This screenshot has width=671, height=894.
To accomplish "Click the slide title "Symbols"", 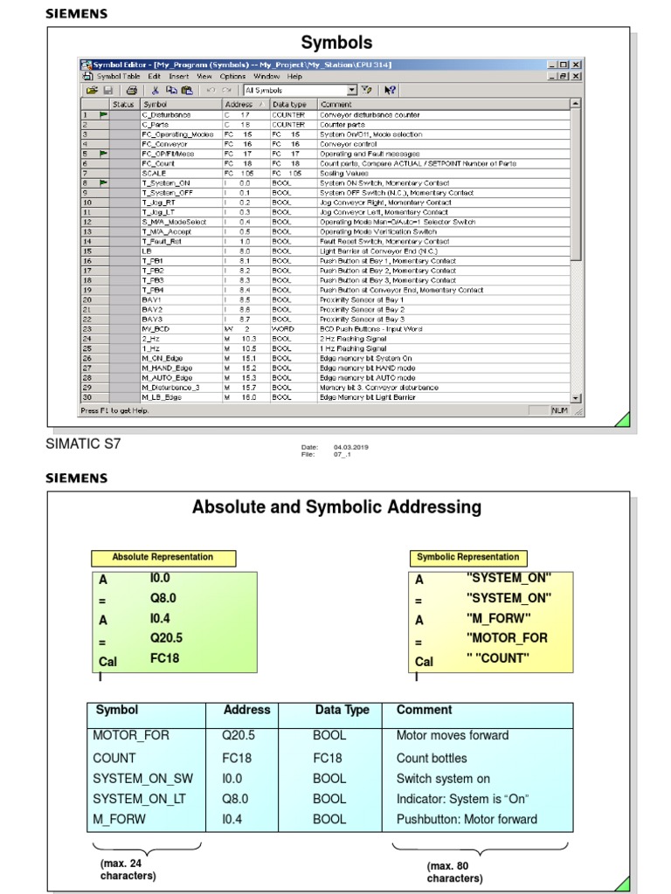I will coord(336,43).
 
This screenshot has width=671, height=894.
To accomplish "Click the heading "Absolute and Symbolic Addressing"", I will coord(336,507).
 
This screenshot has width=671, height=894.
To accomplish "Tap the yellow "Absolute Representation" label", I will coord(163,557).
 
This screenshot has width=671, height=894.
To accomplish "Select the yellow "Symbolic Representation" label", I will coord(467,557).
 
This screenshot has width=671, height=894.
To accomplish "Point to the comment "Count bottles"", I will coord(432,758).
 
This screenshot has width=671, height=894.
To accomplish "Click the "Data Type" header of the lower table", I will coord(342,711).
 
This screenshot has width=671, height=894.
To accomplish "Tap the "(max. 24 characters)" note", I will coord(128,870).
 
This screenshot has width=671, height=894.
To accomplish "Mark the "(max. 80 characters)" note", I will coord(454,872).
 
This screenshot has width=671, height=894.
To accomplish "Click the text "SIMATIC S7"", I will coord(83,444).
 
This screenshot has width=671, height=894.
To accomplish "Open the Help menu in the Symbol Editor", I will coord(294,77).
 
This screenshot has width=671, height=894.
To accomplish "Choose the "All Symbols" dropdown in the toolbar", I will coord(300,90).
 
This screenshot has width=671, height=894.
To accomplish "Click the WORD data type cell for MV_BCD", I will coord(281,329).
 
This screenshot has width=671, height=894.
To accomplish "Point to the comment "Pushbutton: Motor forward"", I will coord(467,819).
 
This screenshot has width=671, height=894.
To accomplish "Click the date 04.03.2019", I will coord(350,447).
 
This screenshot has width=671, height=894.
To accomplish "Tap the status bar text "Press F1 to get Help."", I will coord(114,410).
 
